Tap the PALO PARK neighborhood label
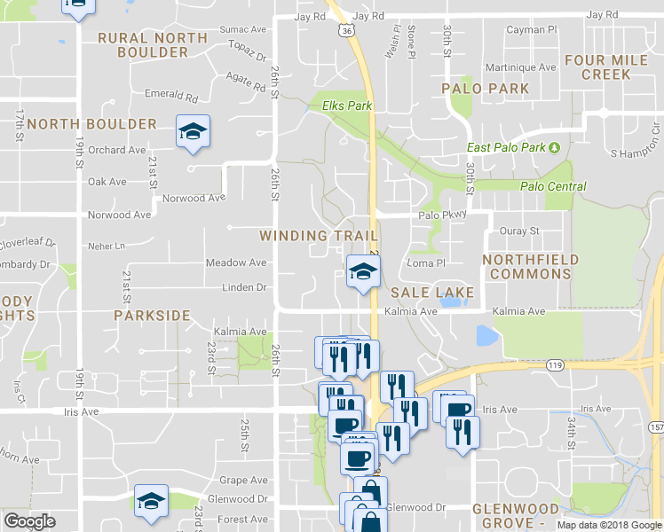(486, 89)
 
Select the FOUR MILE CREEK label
(606, 68)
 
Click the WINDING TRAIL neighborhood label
(319, 236)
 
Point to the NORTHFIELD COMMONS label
(531, 267)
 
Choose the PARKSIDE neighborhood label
(152, 315)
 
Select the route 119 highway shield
(556, 364)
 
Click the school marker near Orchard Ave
(192, 133)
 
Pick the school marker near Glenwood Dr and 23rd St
(150, 502)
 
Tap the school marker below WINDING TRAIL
(361, 271)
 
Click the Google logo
(29, 521)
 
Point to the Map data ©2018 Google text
(608, 525)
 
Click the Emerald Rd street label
(170, 95)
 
